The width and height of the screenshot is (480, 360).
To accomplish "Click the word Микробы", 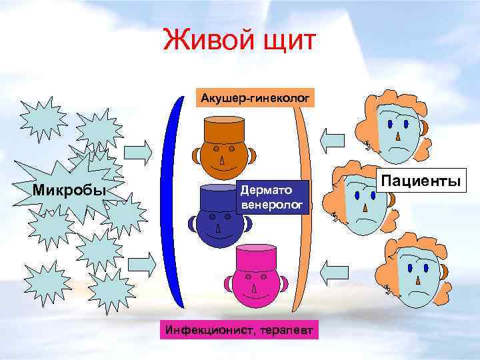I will pyautogui.click(x=69, y=191).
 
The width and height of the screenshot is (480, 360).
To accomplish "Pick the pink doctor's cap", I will pyautogui.click(x=255, y=258).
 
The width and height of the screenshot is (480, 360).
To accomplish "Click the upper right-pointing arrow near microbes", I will pyautogui.click(x=144, y=152).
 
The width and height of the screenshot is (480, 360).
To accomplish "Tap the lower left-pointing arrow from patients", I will pyautogui.click(x=329, y=269).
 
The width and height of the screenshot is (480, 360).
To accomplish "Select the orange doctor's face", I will pyautogui.click(x=224, y=157).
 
